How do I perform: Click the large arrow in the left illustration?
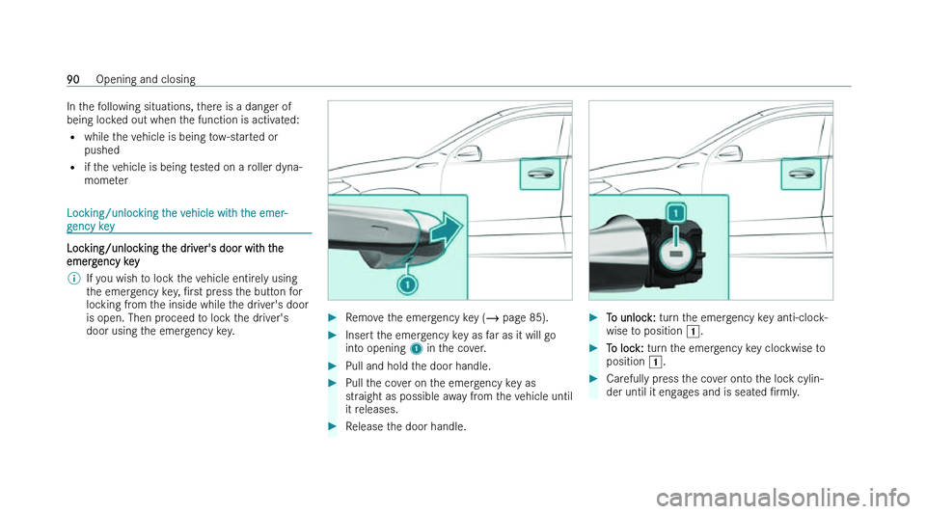(440, 227)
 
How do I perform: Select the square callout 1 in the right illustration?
(676, 212)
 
